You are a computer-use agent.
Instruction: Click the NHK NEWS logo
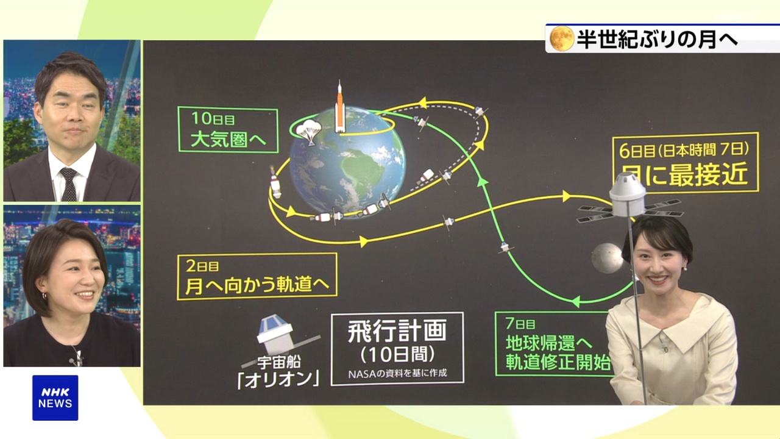[55, 398]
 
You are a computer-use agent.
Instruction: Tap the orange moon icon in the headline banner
[562, 38]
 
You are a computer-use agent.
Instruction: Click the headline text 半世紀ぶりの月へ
[657, 39]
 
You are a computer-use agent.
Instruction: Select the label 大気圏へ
[229, 139]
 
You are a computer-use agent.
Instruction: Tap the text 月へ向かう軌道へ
[257, 285]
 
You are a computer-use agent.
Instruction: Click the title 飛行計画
[397, 331]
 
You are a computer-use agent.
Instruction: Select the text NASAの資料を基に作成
[397, 373]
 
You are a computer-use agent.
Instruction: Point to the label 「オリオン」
[278, 379]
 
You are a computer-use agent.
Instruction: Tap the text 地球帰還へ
[549, 343]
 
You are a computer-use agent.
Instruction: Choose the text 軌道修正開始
[558, 362]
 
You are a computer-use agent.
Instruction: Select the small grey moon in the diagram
[607, 258]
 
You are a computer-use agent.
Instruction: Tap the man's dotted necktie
[69, 185]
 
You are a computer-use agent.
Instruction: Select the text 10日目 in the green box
[213, 118]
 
